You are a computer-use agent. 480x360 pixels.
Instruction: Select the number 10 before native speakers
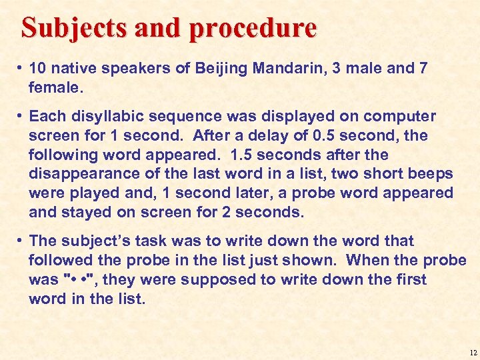pyautogui.click(x=37, y=69)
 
